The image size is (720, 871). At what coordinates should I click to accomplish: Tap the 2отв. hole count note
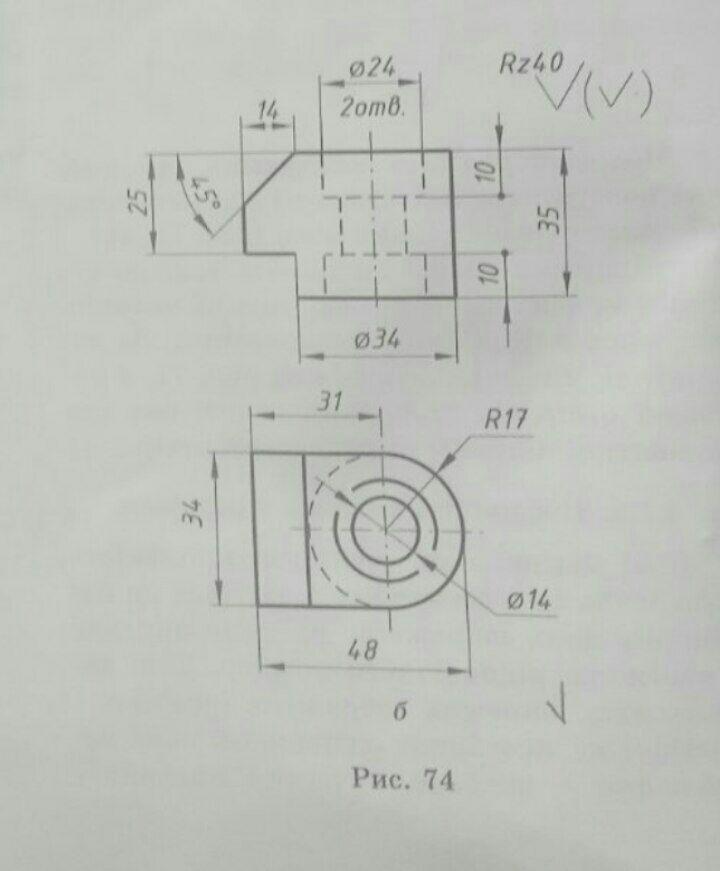click(372, 108)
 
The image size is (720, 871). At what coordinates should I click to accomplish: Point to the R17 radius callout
click(505, 420)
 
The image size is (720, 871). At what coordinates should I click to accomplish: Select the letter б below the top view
click(399, 712)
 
